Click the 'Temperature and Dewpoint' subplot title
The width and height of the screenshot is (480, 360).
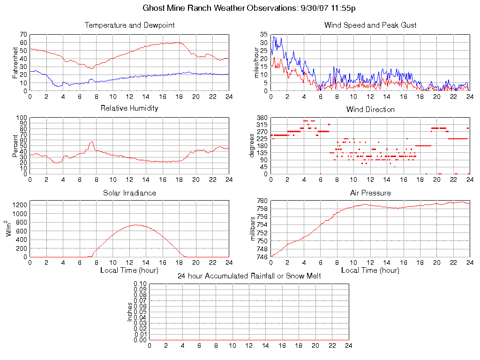point(129,25)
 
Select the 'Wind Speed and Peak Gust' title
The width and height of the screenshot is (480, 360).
point(370,25)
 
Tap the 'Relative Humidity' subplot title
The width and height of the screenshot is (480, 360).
point(129,108)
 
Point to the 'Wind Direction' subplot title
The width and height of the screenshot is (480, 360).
point(370,109)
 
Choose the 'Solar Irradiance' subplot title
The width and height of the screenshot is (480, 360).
point(129,193)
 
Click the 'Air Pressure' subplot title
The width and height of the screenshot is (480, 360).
point(370,193)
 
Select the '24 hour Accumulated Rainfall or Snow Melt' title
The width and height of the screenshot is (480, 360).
point(249,276)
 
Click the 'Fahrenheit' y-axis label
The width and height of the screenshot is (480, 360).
point(15,63)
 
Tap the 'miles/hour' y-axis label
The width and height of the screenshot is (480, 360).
point(256,63)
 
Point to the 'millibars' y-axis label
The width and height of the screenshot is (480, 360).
point(254,229)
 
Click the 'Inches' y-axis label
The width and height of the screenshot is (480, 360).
point(130,312)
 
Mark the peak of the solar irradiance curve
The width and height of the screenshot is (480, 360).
point(136,225)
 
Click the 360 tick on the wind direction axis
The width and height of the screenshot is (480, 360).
point(262,118)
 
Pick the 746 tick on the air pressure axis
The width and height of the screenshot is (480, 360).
point(262,257)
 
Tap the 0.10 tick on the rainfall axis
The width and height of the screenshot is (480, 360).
point(140,284)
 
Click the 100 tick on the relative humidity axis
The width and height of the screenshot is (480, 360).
point(22,118)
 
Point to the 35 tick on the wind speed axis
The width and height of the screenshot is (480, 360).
point(264,35)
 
